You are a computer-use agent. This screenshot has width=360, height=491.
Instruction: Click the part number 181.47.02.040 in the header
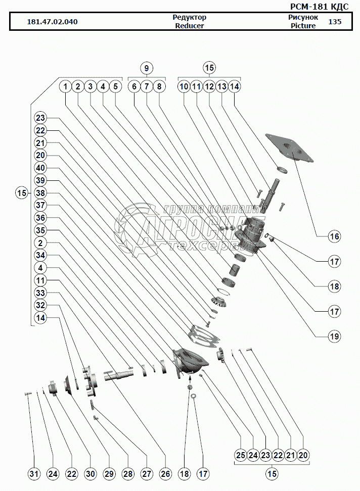coord(53,22)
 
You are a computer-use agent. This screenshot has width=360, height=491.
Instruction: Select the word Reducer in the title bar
coord(190,26)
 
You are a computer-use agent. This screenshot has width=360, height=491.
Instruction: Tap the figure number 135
coord(335,22)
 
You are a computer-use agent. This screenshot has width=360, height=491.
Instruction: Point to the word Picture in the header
coord(303,26)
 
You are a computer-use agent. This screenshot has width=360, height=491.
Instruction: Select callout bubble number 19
coord(334,335)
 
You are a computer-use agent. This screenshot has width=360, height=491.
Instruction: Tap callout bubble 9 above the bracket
coord(146,68)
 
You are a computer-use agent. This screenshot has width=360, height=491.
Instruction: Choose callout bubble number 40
coord(41,168)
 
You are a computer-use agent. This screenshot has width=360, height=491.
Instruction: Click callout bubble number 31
coord(34,474)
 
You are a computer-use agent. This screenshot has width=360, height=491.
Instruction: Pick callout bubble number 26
coord(165,474)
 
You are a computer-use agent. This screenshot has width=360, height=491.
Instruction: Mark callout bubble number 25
coord(241,455)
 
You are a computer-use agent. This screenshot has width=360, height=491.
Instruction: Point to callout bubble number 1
coord(66,86)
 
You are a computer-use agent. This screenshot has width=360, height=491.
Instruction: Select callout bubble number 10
coord(184,86)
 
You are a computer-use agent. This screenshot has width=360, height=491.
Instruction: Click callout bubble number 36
coord(41,218)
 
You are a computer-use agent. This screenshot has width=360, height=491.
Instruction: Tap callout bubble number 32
coord(41,305)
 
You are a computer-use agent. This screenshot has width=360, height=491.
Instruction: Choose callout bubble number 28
coord(128,474)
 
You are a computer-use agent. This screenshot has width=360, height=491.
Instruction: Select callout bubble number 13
coord(221,86)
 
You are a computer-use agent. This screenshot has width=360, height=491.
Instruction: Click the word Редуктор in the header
coord(190,17)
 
